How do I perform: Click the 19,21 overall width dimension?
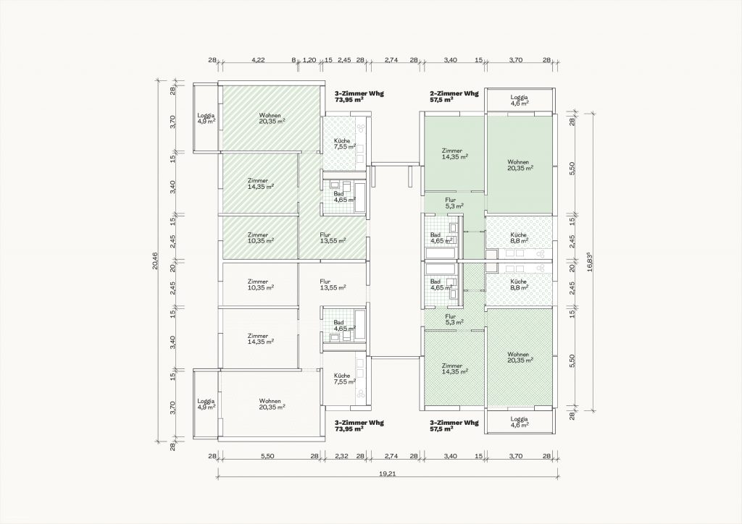point(388,474)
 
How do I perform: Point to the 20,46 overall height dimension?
point(155,261)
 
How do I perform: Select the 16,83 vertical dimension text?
point(588,261)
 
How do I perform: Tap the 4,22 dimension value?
point(259,60)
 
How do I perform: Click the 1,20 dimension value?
point(309,60)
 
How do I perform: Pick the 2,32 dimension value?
point(342,456)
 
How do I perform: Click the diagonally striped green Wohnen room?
point(270,118)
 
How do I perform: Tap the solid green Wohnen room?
point(519,164)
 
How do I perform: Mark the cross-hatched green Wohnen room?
point(519,357)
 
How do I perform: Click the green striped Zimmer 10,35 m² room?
point(260,237)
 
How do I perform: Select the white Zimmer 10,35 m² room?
point(260,284)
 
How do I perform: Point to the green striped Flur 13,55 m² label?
point(332,237)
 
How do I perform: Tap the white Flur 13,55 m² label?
point(332,284)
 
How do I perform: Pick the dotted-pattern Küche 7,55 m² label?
point(344,143)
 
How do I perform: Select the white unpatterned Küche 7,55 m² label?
point(344,379)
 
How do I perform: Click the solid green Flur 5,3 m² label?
point(454,203)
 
